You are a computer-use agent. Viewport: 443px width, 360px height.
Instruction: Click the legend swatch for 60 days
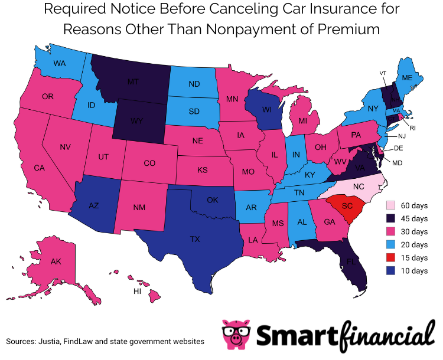click(x=390, y=206)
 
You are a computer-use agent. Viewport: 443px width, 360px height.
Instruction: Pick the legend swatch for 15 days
click(x=390, y=258)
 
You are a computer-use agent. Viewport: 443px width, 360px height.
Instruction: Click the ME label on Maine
click(x=407, y=77)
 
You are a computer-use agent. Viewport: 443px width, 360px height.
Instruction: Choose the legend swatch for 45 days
click(x=390, y=219)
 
